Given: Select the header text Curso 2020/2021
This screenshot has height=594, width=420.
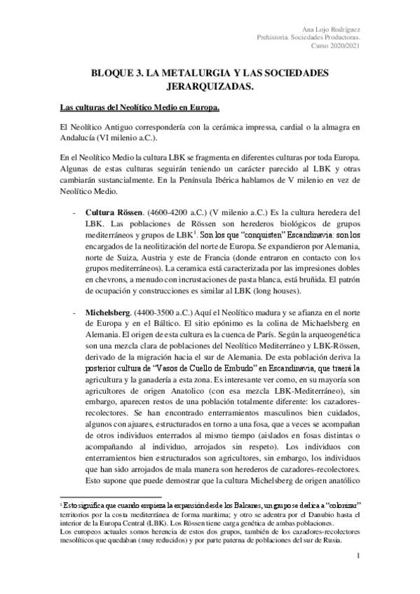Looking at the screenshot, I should [332, 46].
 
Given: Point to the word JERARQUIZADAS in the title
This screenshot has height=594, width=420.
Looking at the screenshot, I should [210, 88].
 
